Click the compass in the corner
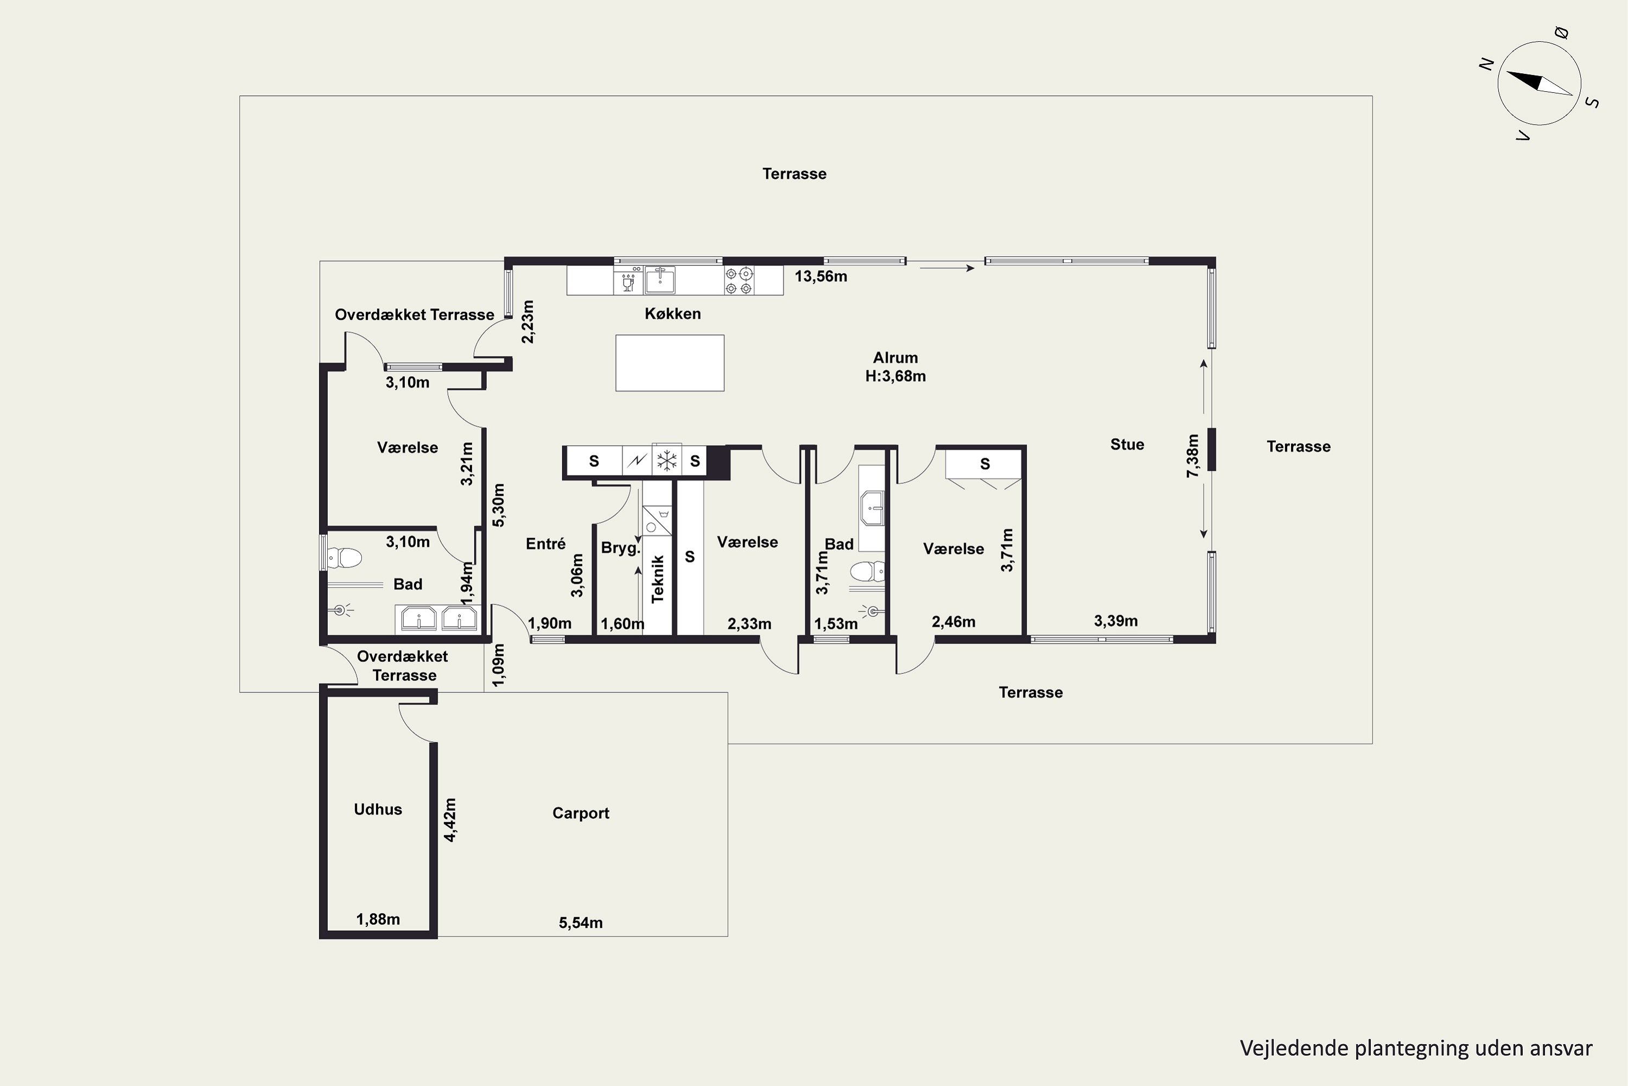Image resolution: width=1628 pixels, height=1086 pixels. pyautogui.click(x=1540, y=84)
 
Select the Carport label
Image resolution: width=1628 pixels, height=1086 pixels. pyautogui.click(x=581, y=813)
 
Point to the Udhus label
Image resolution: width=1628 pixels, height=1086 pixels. pyautogui.click(x=378, y=810)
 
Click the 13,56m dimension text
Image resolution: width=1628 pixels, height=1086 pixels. pyautogui.click(x=821, y=276)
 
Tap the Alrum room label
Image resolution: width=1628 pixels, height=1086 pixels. pyautogui.click(x=896, y=357)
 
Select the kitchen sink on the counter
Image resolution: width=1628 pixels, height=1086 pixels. pyautogui.click(x=660, y=281)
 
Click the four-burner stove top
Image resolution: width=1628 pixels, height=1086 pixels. pyautogui.click(x=739, y=281)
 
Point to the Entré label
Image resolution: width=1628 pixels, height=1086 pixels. pyautogui.click(x=545, y=544)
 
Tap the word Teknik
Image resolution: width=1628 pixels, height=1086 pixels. pyautogui.click(x=658, y=579)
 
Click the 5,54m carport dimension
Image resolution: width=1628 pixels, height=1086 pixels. pyautogui.click(x=581, y=923)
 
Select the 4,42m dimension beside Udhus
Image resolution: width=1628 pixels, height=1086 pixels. pyautogui.click(x=450, y=820)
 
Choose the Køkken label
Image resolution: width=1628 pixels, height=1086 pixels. pyautogui.click(x=673, y=314)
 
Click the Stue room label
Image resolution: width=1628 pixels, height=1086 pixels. pyautogui.click(x=1127, y=445)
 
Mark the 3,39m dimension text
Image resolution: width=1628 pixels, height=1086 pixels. pyautogui.click(x=1116, y=621)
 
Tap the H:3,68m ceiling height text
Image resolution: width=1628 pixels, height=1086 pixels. pyautogui.click(x=896, y=376)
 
